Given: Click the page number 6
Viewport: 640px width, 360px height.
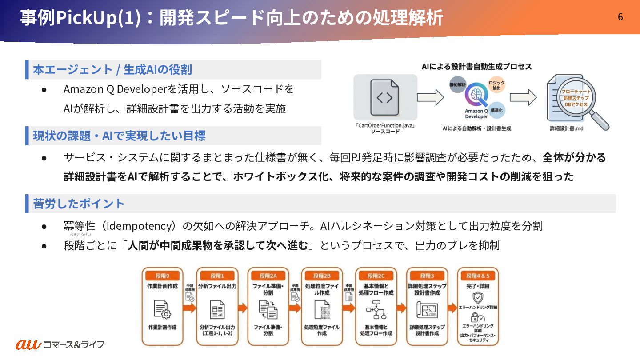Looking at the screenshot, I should [620, 17].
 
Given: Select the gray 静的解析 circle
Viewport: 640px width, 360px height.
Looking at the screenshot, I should [458, 84].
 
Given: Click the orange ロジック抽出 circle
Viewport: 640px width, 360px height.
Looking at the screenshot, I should [496, 85].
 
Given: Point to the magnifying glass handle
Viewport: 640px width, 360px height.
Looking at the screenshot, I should [600, 120].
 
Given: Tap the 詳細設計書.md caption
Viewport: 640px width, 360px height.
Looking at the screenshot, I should [566, 128].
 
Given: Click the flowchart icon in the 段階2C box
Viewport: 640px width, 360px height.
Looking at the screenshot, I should [376, 310].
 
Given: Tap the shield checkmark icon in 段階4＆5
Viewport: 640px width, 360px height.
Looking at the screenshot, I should [478, 297].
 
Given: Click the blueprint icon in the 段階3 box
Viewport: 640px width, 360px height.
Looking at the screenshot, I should [427, 310].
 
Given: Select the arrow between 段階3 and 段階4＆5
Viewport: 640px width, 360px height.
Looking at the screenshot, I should [452, 308].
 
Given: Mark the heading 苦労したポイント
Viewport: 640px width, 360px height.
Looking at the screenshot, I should [79, 204].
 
